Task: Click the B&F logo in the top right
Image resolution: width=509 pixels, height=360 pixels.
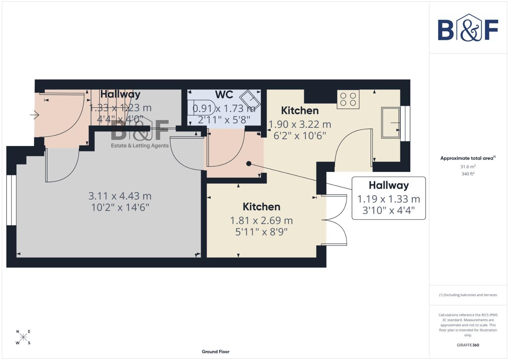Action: point(468,28)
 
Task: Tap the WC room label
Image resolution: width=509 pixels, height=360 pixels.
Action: point(224,95)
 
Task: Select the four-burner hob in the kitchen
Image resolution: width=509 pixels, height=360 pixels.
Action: point(348,99)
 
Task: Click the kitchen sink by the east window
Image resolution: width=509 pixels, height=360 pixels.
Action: point(390,122)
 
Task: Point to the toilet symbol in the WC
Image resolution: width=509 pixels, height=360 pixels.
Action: point(201,107)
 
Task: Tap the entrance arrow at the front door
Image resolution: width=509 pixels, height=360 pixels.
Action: point(35,115)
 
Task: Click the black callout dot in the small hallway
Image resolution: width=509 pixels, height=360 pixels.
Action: point(249,163)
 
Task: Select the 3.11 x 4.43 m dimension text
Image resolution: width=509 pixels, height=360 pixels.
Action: point(120,196)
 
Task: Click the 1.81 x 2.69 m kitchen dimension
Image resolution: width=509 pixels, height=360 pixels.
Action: point(261,220)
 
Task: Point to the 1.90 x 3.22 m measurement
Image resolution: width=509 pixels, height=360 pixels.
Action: point(300,124)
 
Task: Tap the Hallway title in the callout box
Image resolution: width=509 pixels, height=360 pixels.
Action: point(389,185)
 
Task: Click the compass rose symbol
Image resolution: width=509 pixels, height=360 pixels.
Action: point(23,337)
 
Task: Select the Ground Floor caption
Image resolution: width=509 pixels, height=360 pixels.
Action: point(215,352)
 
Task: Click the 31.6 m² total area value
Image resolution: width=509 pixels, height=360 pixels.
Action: point(468,167)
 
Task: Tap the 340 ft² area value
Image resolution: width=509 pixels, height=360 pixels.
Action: point(468,174)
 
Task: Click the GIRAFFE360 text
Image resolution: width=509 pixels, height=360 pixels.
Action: point(468,345)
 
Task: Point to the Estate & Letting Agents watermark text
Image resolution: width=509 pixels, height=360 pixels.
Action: point(140,146)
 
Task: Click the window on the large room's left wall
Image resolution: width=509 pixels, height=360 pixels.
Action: point(11,200)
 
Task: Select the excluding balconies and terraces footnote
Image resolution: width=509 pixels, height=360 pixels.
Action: point(468,295)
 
